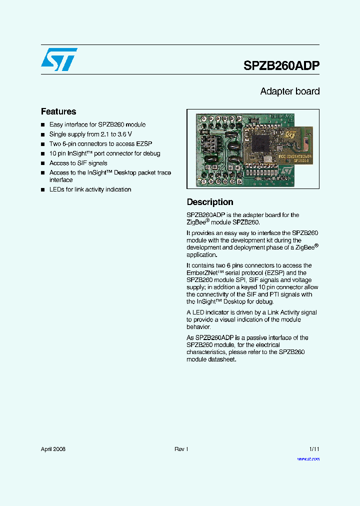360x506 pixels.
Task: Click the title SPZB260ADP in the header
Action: (x=281, y=65)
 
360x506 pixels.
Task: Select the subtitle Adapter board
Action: (x=289, y=91)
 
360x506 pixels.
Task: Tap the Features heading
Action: (x=58, y=111)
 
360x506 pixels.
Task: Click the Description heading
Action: (x=210, y=202)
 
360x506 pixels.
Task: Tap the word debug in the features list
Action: (x=151, y=153)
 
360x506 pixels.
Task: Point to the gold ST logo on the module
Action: (x=290, y=134)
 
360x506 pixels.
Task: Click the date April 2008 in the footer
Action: (x=53, y=449)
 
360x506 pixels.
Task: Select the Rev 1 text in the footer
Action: (x=181, y=449)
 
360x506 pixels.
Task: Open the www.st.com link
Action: (x=308, y=458)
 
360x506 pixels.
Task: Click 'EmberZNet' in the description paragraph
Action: (x=204, y=273)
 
